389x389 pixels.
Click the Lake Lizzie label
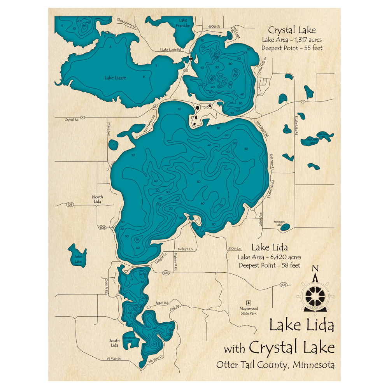[115, 77]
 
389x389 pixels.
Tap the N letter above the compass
[315, 268]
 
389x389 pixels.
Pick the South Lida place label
[114, 343]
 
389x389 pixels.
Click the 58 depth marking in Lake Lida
[137, 240]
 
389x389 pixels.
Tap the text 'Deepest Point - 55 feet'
[292, 48]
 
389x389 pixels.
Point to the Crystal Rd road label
[72, 120]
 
